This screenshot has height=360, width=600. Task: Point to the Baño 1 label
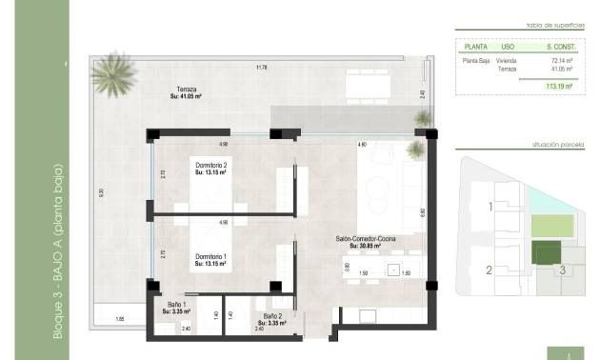coord(174,308)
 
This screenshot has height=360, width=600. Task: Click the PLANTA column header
coord(475,45)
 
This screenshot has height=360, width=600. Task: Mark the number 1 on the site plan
coord(490,206)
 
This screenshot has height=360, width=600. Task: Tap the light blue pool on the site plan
coord(542,199)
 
